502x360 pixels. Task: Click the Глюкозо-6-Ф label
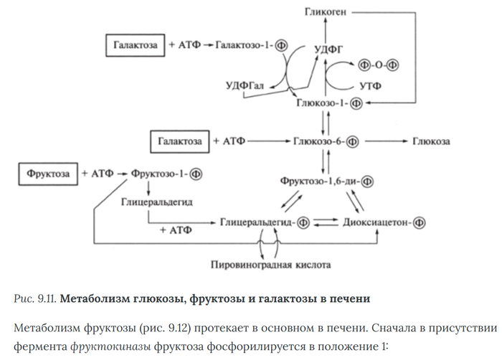(x=326, y=141)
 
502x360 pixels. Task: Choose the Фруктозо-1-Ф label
(x=169, y=173)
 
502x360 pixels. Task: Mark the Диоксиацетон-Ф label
(x=385, y=222)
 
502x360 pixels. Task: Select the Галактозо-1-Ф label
(x=251, y=44)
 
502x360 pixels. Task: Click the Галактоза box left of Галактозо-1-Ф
(x=136, y=44)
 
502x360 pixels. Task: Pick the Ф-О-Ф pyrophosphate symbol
(x=378, y=66)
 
